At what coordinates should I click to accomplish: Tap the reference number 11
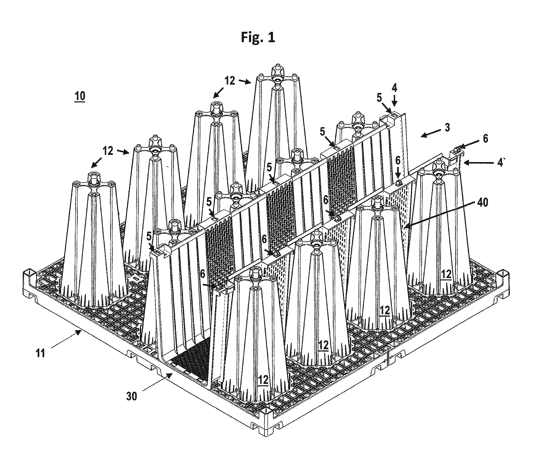tap(40, 353)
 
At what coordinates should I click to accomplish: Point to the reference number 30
tap(132, 396)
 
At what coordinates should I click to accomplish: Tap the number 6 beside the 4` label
tap(485, 138)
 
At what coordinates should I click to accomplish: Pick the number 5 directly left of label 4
tap(379, 98)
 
